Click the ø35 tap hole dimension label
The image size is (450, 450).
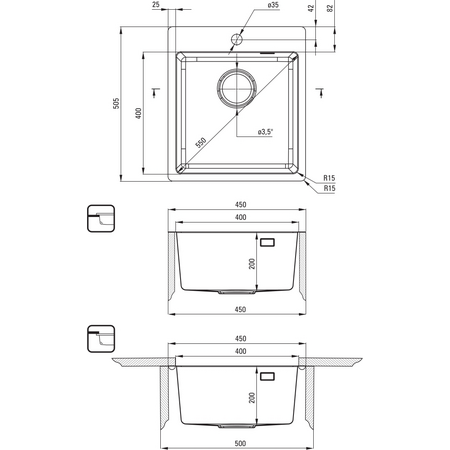click(273, 5)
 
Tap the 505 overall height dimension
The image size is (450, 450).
click(116, 103)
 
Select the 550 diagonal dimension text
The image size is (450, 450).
click(201, 143)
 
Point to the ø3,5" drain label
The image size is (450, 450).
click(265, 132)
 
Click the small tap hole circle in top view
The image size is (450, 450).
click(237, 39)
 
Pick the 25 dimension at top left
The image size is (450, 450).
click(156, 5)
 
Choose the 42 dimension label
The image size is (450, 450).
click(311, 8)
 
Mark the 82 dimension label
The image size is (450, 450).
click(330, 8)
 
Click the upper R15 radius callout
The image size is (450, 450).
click(329, 178)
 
